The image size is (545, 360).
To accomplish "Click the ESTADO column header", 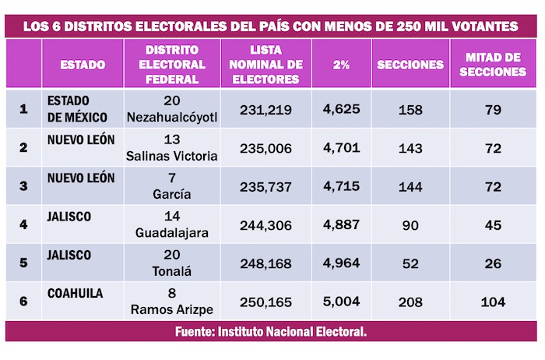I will point(83,65).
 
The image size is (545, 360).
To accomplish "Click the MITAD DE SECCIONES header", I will point(492,65).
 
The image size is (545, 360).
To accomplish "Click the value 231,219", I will point(266,110).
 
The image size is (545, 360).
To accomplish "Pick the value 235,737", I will point(266,185).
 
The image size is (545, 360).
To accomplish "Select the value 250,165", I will point(266,300).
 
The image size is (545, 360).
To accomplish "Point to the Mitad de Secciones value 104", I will point(492,300).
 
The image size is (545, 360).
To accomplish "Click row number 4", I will point(23,224).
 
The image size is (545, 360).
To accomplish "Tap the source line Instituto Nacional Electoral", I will point(272,331).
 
